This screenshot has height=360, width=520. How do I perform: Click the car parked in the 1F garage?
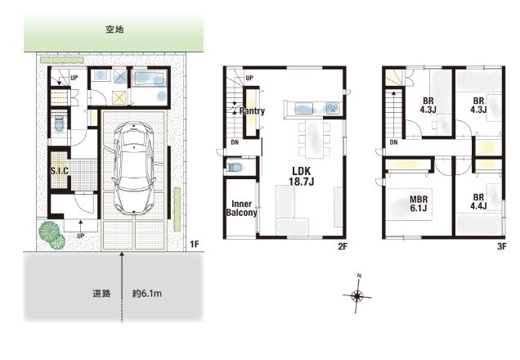click(x=136, y=168)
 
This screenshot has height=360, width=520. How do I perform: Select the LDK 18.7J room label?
click(x=301, y=177)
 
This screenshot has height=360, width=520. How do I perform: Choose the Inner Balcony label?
click(x=242, y=208)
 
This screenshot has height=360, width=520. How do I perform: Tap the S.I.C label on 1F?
click(x=59, y=171)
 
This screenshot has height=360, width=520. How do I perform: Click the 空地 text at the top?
click(x=114, y=29)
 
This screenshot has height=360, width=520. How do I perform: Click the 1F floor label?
click(x=194, y=244)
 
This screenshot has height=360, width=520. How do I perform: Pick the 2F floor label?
click(x=342, y=244)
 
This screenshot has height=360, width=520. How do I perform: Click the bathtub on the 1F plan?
click(x=149, y=79)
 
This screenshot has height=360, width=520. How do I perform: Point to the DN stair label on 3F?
click(x=393, y=144)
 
